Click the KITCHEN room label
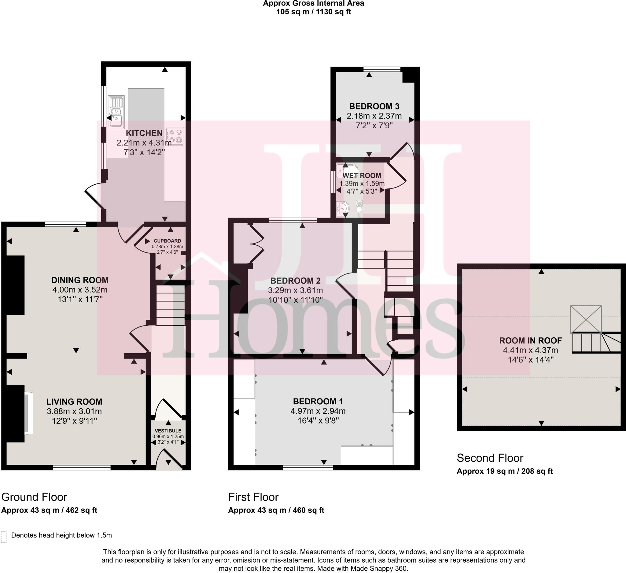coord(144,133)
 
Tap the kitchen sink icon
coord(116,112)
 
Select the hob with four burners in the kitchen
coord(175,136)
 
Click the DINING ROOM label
coord(80,280)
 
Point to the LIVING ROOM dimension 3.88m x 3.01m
coord(74,411)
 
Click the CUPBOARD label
coord(168,241)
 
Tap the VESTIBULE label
coord(168,431)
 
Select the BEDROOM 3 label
coord(374,106)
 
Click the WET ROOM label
coord(362,175)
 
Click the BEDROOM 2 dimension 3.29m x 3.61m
coord(295,291)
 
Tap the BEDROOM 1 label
coord(318,401)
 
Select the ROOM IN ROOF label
coord(530,340)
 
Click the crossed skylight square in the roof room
coord(586,319)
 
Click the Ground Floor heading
coord(34,497)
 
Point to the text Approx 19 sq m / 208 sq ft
coord(505,471)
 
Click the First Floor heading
coord(253,497)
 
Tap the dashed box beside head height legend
coord(4,537)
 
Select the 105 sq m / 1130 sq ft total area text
coord(314,12)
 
